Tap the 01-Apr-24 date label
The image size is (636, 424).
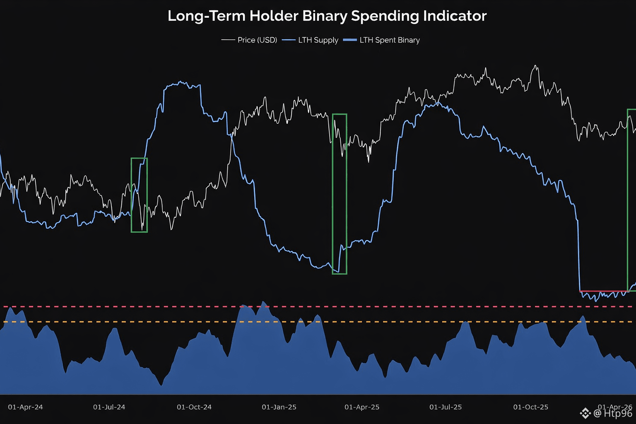(25, 407)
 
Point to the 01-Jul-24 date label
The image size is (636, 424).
(109, 407)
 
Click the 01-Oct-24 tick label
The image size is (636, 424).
(194, 407)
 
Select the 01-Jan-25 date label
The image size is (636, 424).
(279, 407)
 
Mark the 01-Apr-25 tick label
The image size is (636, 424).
(362, 407)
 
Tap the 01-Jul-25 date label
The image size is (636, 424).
(446, 407)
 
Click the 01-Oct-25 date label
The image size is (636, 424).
(531, 407)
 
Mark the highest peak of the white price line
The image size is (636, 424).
(536, 65)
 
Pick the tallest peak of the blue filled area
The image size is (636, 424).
(264, 302)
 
